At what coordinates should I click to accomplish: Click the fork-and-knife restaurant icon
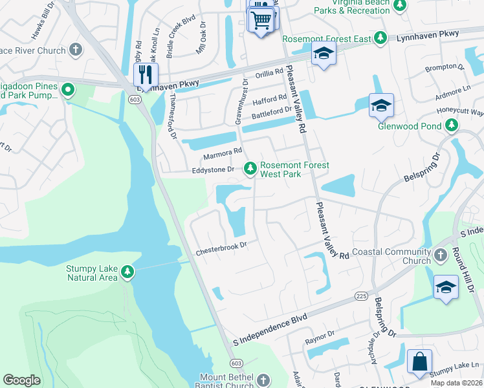[146, 74]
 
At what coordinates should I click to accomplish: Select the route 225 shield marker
[361, 296]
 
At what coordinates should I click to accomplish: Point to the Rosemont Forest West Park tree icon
[250, 169]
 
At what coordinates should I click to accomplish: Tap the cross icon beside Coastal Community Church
[441, 255]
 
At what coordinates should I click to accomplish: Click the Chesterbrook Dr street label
[222, 246]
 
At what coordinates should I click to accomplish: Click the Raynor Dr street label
[321, 334]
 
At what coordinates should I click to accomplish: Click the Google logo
[21, 380]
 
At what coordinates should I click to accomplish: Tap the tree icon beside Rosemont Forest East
[381, 38]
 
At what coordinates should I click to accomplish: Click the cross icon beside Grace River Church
[76, 50]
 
